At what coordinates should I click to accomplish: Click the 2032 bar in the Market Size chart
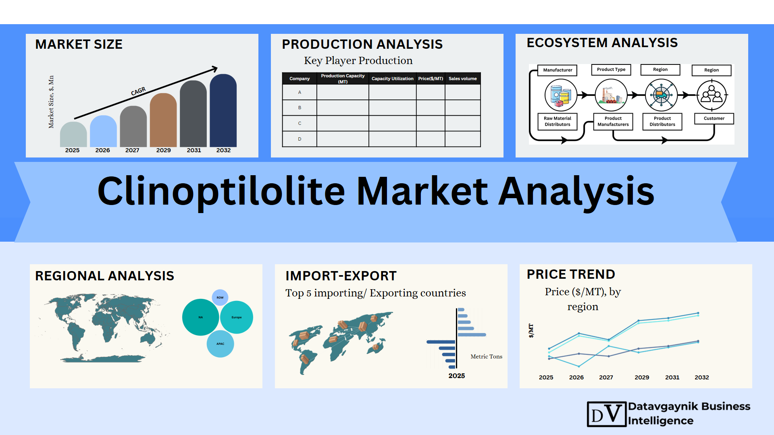tap(223, 110)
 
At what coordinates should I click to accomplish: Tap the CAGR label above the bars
tap(138, 91)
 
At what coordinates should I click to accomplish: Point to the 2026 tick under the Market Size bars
tap(102, 150)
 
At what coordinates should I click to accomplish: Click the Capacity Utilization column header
tap(392, 79)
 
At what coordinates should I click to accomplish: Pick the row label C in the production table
tap(300, 123)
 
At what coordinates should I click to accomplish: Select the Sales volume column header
tap(463, 79)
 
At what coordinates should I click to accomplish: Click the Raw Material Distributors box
tap(558, 121)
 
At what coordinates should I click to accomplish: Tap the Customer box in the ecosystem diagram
tap(714, 118)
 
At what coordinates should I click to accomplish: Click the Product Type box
tap(611, 70)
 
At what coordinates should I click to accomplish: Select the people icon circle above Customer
tap(712, 95)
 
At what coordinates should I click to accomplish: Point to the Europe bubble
tap(237, 317)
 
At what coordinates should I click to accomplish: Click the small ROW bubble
tap(220, 298)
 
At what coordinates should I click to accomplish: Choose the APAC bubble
tap(220, 344)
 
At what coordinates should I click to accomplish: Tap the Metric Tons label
tap(487, 356)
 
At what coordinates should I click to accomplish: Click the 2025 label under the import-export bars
tap(457, 376)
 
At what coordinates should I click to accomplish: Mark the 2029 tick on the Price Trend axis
tap(642, 377)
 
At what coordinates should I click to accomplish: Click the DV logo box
tap(607, 414)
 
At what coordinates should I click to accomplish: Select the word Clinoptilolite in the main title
tap(221, 191)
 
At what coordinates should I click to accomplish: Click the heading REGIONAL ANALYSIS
tap(104, 276)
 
